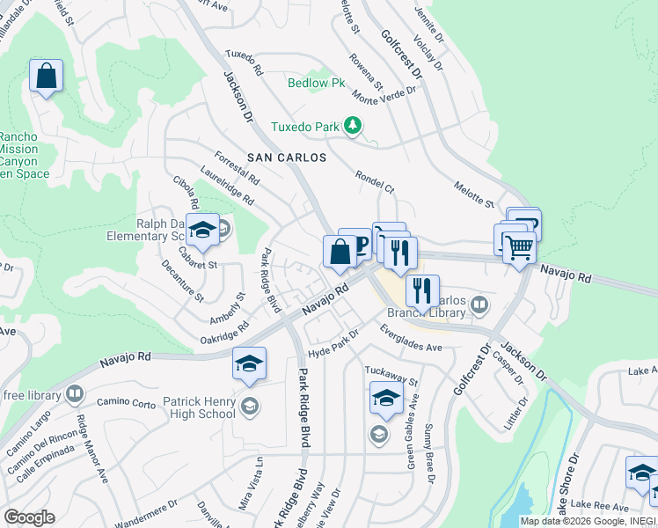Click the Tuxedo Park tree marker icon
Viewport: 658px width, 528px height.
point(353,127)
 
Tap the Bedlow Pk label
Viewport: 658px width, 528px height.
point(317,84)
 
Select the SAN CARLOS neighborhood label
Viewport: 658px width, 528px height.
point(286,158)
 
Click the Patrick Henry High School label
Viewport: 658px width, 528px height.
point(199,407)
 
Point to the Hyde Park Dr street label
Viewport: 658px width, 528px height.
point(334,341)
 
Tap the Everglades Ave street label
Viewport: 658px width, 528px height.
point(410,340)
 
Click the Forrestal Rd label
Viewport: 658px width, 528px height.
point(237,165)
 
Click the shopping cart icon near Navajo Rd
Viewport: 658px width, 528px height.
point(518,248)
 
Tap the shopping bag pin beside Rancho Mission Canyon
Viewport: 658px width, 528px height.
point(46,76)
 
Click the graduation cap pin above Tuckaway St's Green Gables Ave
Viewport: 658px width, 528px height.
point(386,399)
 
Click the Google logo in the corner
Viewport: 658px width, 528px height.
point(29,517)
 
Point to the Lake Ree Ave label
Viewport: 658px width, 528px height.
point(599,506)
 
